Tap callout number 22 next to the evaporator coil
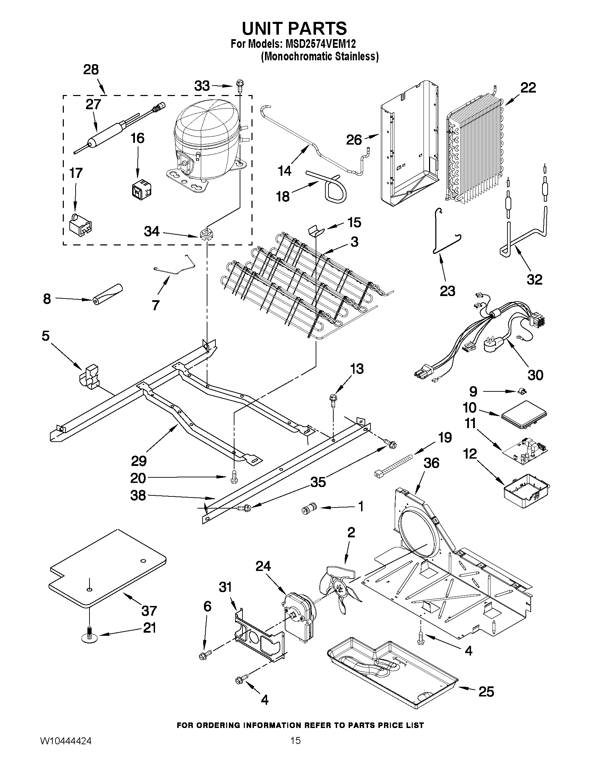528,87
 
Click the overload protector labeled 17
81,224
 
